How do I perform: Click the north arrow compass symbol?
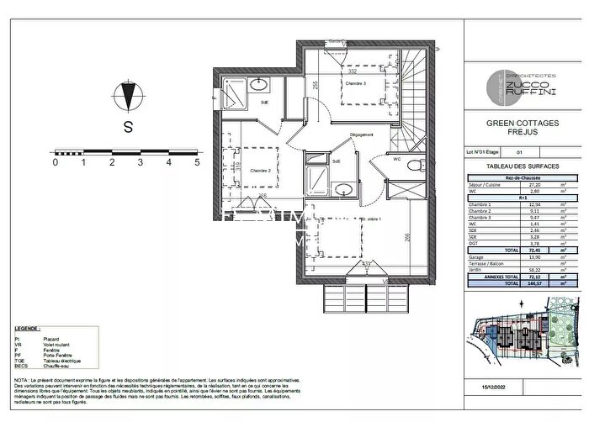(128, 97)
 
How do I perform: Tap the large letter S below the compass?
(128, 128)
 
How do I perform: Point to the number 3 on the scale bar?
(140, 163)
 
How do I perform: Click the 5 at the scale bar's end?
(196, 163)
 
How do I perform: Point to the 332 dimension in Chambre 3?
(351, 72)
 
